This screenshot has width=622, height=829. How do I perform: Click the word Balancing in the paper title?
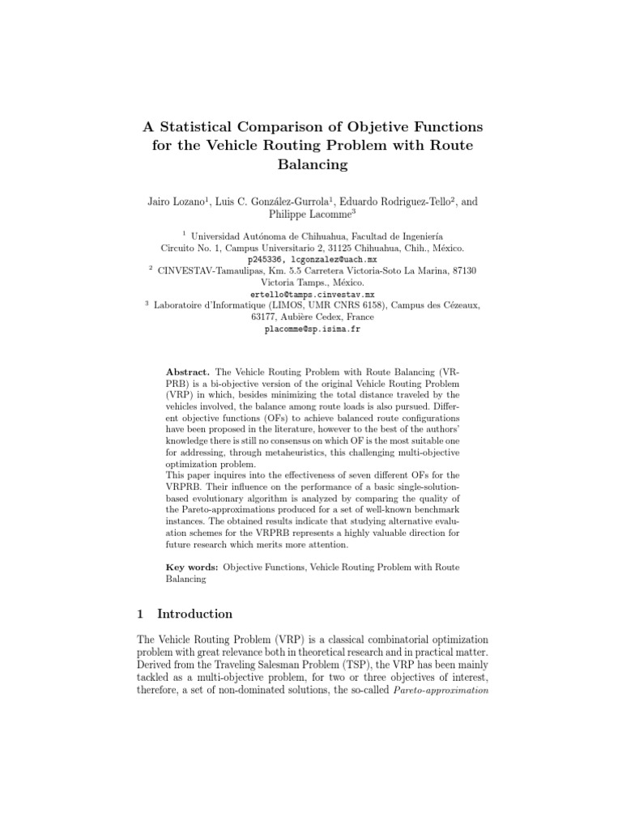pyautogui.click(x=311, y=164)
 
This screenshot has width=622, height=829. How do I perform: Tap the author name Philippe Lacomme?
pyautogui.click(x=309, y=215)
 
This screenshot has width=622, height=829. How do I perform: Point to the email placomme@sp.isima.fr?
pyautogui.click(x=311, y=329)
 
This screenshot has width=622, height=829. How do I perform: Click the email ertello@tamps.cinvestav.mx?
pyautogui.click(x=312, y=294)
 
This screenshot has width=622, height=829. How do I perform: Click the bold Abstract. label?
pyautogui.click(x=188, y=369)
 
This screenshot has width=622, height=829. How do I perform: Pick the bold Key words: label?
pyautogui.click(x=190, y=568)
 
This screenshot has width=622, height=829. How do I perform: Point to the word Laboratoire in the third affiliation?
pyautogui.click(x=183, y=305)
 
